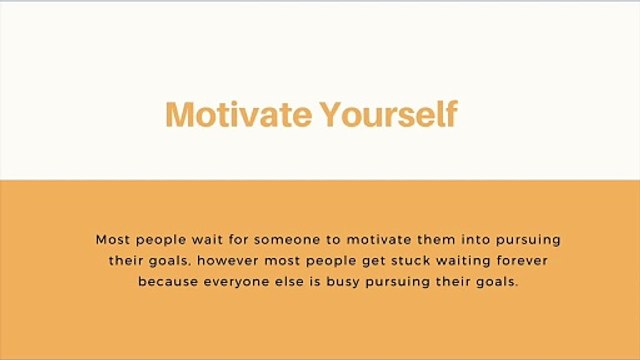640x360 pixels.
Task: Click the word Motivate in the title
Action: point(239,114)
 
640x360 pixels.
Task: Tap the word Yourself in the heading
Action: point(388,114)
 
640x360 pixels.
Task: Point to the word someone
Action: point(287,240)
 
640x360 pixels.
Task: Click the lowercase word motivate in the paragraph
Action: point(379,240)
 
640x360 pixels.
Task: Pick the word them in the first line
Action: point(436,240)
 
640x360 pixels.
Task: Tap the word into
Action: point(476,240)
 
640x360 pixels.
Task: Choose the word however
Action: point(228,260)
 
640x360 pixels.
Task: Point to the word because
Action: point(168,281)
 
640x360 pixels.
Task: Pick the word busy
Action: point(343,282)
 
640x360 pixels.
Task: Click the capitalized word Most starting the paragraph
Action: point(113,240)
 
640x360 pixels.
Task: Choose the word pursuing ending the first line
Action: point(528,241)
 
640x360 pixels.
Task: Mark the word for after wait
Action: point(238,240)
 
